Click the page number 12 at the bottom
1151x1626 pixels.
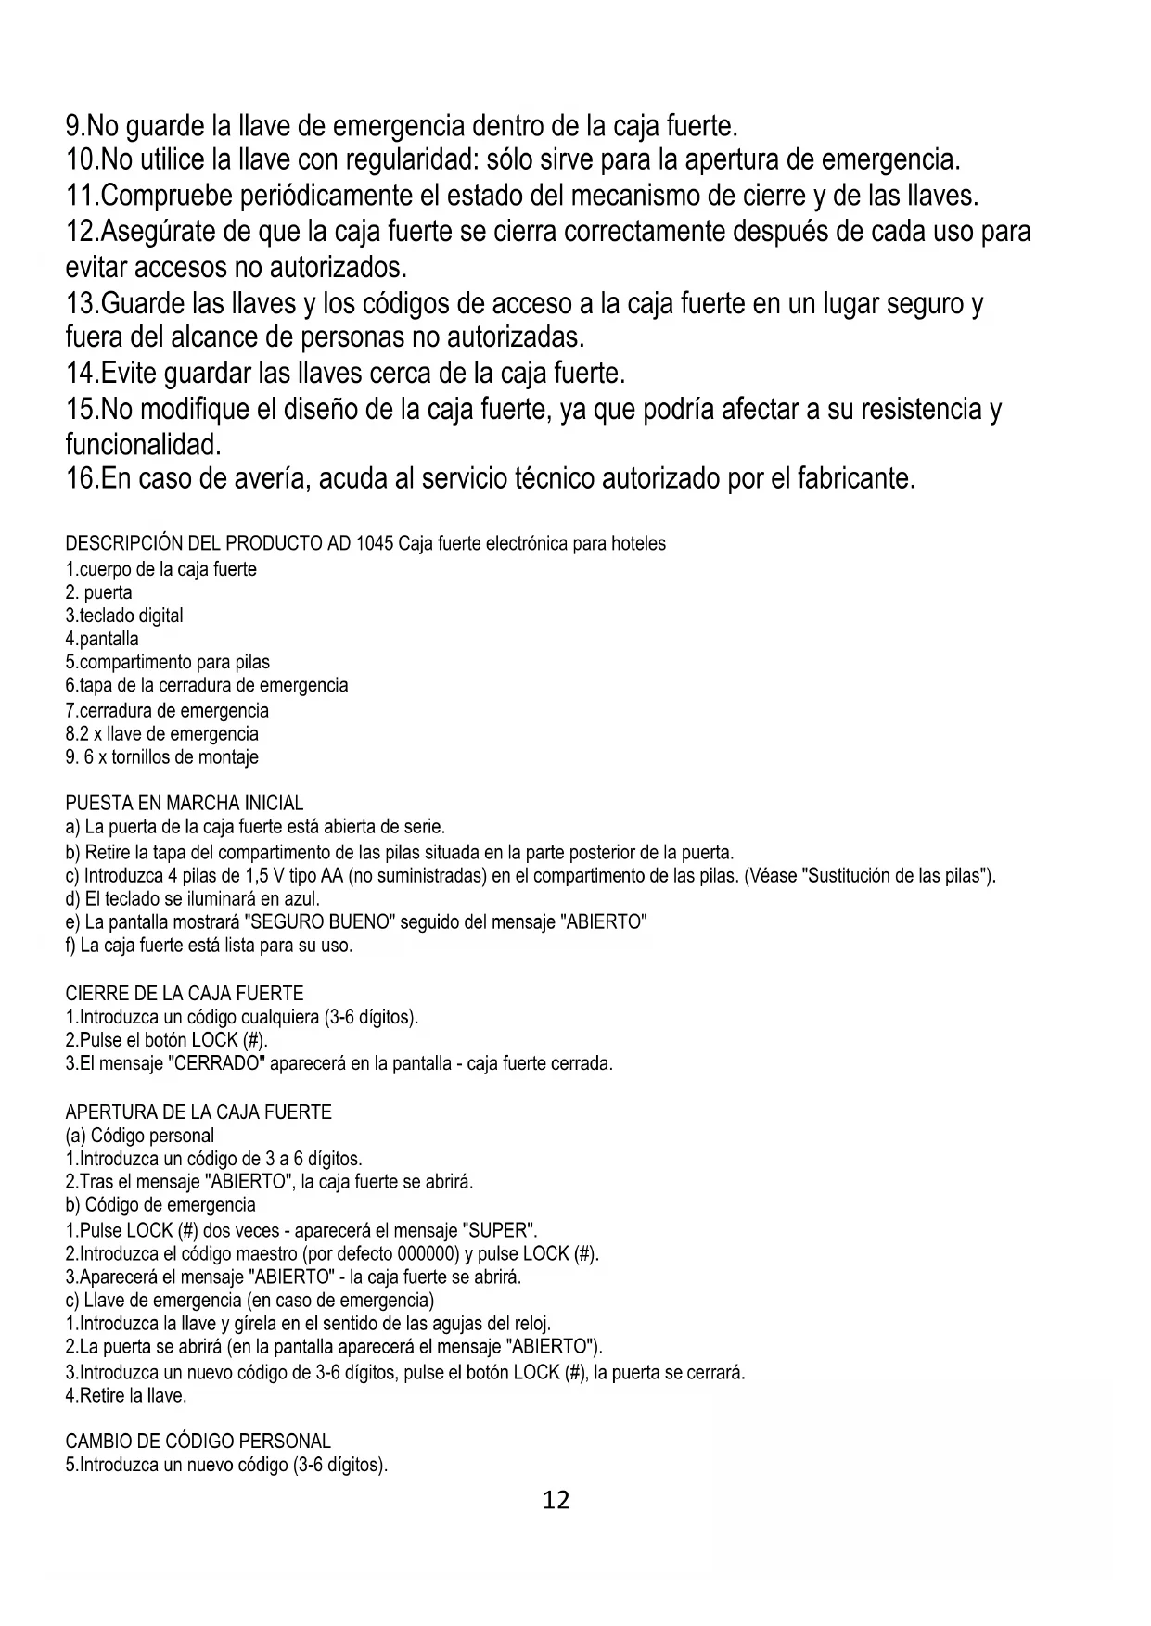click(x=556, y=1500)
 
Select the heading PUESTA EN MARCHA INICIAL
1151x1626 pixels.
click(x=184, y=803)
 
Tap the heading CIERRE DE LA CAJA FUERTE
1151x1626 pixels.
click(x=184, y=994)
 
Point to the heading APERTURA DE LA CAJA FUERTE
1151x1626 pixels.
click(x=198, y=1112)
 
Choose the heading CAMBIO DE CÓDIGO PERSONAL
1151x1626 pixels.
click(x=198, y=1442)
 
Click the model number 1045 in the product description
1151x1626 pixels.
click(x=374, y=543)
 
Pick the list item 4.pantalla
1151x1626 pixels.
click(x=102, y=639)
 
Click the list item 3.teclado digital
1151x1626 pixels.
click(x=124, y=616)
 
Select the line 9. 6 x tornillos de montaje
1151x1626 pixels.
click(x=161, y=756)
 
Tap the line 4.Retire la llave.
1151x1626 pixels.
click(x=126, y=1395)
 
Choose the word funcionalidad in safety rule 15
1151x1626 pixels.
click(x=141, y=445)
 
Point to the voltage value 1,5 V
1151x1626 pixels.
click(x=264, y=876)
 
